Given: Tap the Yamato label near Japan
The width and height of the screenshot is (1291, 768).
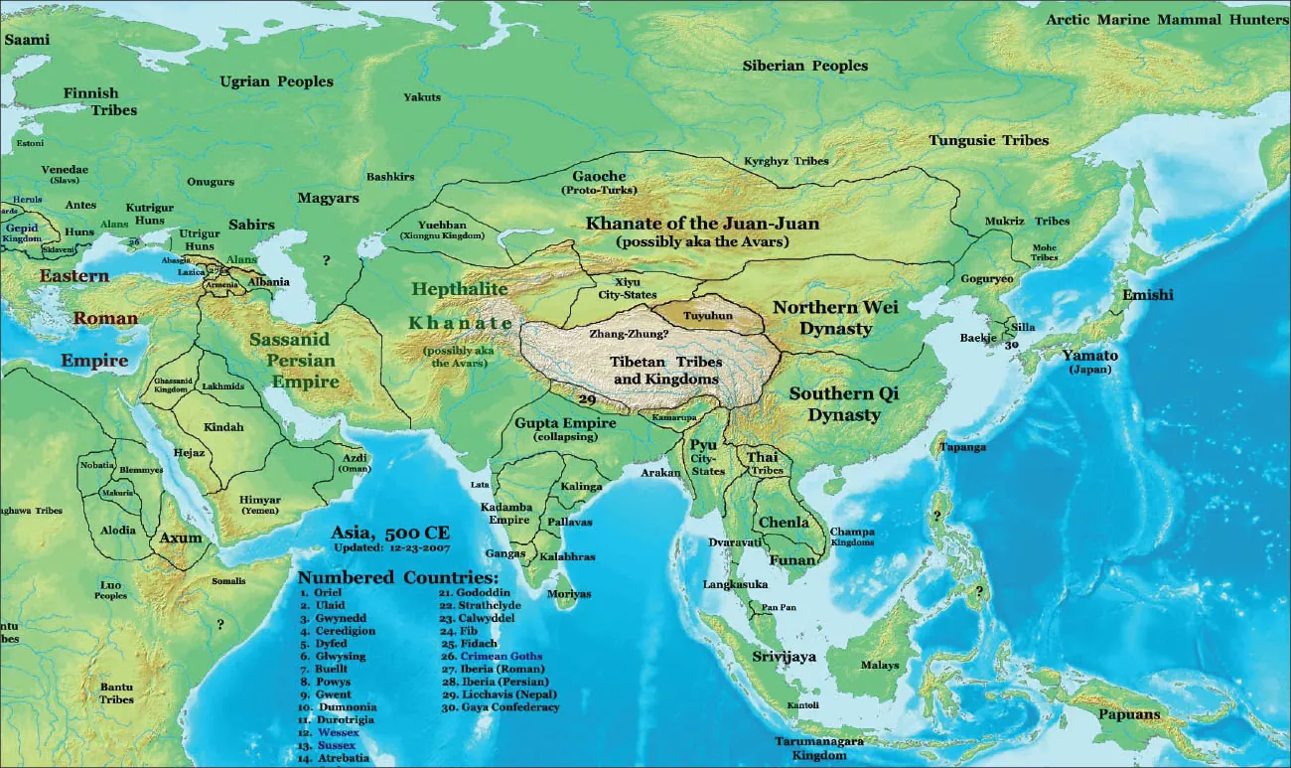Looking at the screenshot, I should [x=1089, y=356].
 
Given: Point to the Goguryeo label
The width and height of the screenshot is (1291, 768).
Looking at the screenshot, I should [x=987, y=279].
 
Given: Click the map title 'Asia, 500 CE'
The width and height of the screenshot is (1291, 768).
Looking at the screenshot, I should [x=390, y=533].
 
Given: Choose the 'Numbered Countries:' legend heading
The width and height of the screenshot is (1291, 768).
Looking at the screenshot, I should [x=397, y=577].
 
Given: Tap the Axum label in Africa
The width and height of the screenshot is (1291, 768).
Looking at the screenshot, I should [x=180, y=538].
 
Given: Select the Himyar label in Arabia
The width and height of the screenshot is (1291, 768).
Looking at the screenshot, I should [x=259, y=500].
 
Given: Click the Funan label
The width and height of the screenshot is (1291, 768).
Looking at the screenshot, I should [x=792, y=560].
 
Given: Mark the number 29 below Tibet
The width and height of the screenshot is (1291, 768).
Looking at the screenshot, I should [x=586, y=399].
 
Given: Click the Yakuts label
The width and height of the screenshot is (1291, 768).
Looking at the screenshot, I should [x=422, y=97].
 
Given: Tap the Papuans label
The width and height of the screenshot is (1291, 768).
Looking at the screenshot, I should [x=1129, y=714].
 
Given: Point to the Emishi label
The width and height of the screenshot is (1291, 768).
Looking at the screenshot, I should [x=1147, y=295].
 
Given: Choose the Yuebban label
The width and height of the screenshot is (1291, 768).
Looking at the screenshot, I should [x=441, y=225].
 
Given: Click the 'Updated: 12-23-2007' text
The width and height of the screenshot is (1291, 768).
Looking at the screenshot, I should [x=390, y=547].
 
